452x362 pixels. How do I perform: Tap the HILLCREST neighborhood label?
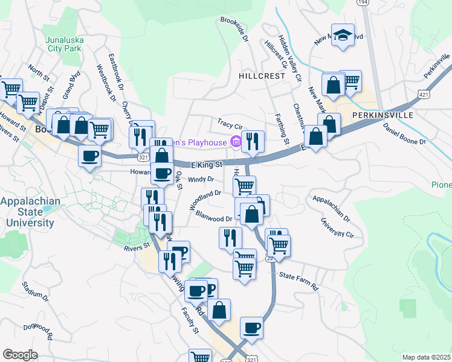point(261,77)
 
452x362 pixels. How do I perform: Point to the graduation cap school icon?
point(343,37)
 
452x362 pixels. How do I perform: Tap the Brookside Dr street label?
point(234,28)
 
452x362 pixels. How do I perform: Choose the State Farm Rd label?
point(298,281)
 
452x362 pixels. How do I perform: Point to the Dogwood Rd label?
point(39,331)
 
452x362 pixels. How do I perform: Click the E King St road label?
point(207,164)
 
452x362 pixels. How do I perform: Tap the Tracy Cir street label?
point(230,124)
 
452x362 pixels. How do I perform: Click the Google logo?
point(20,354)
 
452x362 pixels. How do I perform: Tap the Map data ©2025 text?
point(426,357)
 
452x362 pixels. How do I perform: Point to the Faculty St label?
point(191,322)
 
